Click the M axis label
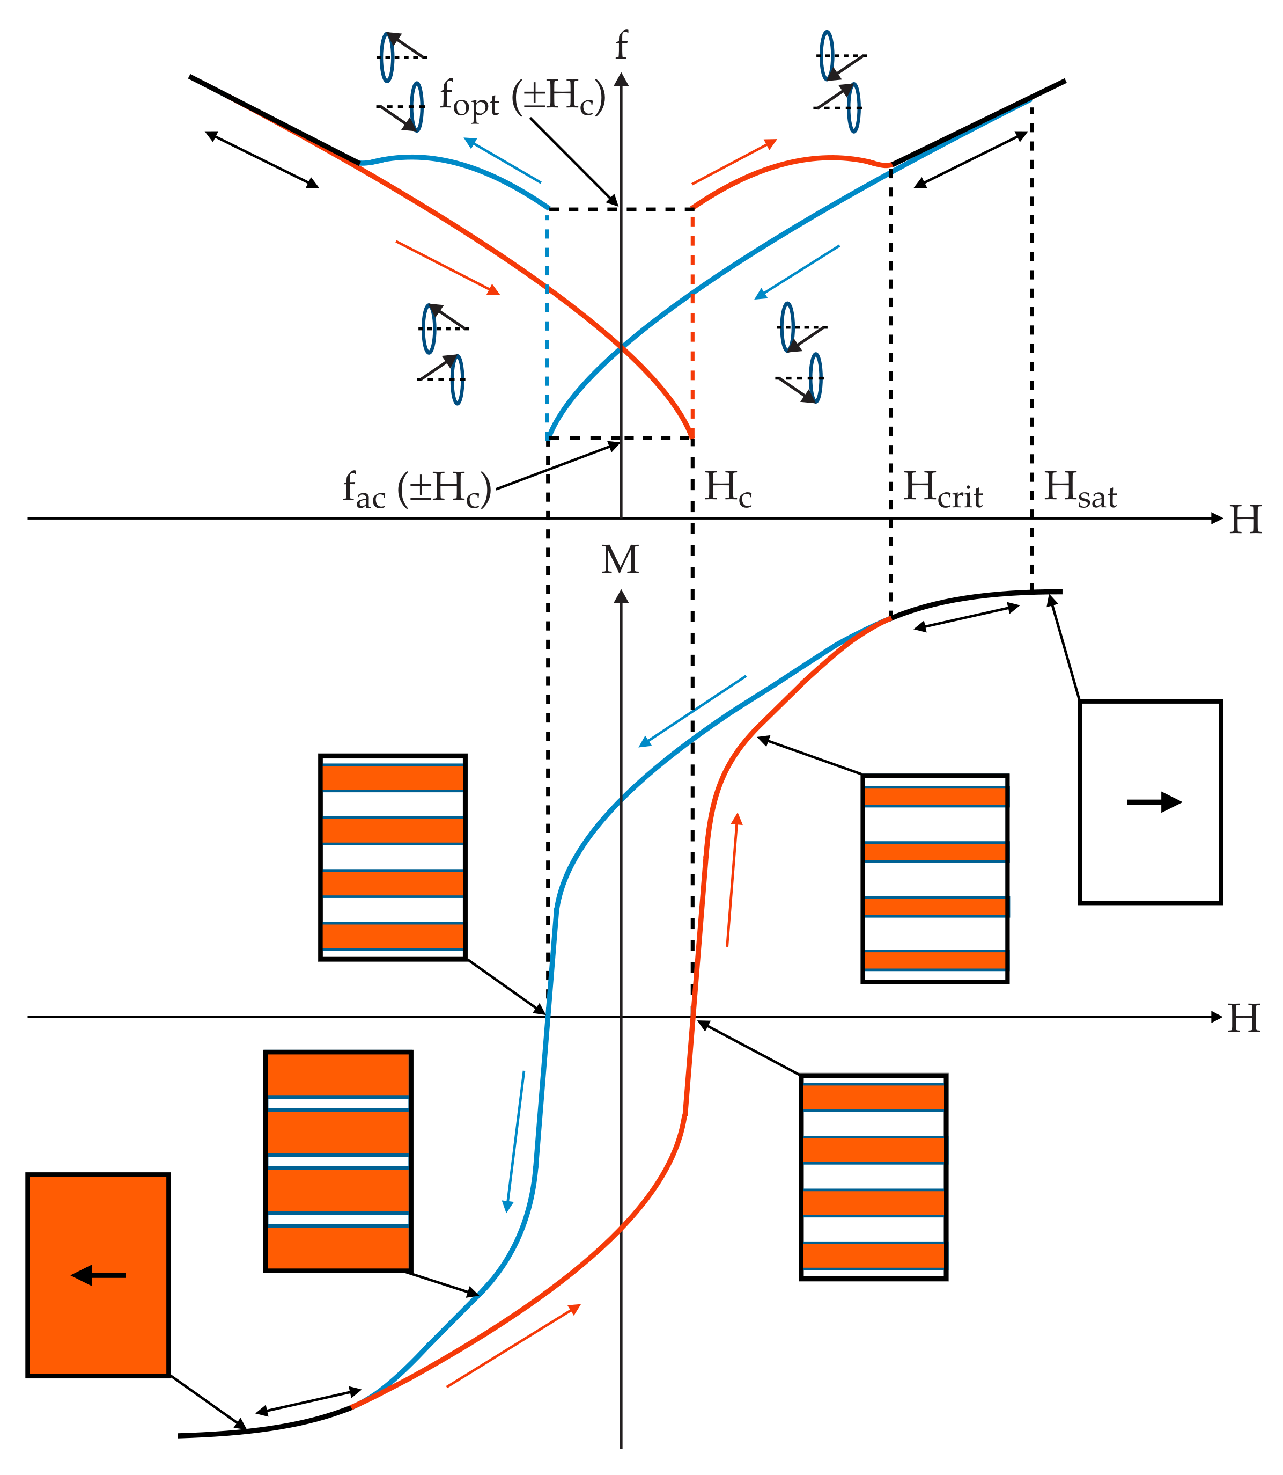pos(620,560)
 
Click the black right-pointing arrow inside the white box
pos(1153,802)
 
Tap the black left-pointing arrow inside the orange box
pos(99,1275)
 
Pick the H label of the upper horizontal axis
pos(1246,520)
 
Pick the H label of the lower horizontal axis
pos(1244,1019)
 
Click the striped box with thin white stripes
pos(338,1161)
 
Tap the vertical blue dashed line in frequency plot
pos(548,323)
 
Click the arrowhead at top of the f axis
pos(622,79)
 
